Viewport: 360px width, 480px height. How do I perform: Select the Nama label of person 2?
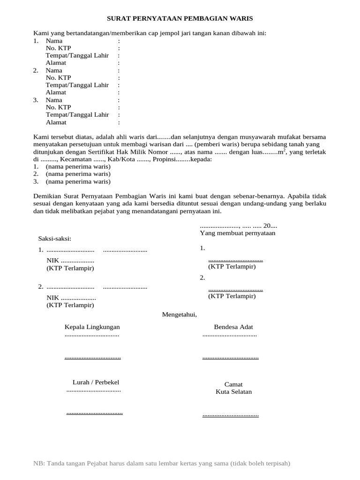point(54,70)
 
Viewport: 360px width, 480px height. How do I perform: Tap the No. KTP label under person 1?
point(59,48)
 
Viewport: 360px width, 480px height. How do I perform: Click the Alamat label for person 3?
point(56,122)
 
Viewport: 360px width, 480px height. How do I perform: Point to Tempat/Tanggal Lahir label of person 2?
point(77,85)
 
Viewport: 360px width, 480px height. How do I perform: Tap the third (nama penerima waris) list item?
point(78,182)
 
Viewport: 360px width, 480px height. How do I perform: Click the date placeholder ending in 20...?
point(239,225)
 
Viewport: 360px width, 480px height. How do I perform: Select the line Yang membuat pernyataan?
point(238,233)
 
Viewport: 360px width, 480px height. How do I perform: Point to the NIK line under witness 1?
point(70,261)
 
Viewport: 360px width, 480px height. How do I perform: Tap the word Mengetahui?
point(180,314)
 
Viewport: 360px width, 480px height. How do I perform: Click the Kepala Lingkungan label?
point(92,327)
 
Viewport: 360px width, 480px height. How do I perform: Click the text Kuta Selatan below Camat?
point(233,392)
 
